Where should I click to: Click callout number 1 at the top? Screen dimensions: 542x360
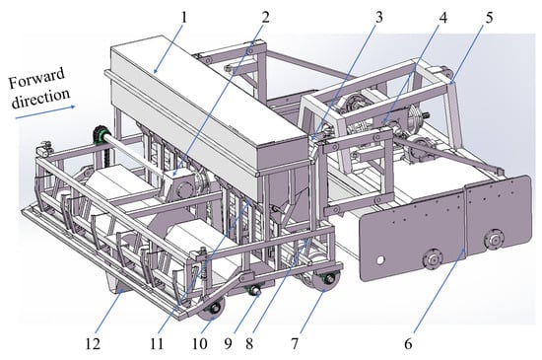[183, 17]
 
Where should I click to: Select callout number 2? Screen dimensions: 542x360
[265, 17]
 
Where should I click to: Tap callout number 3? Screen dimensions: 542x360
[379, 17]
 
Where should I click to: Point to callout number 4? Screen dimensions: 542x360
[442, 17]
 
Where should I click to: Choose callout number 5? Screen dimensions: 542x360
[489, 17]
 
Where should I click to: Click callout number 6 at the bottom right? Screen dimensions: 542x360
[408, 344]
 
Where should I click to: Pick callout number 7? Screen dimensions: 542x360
[295, 344]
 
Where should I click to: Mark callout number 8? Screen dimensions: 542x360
[249, 344]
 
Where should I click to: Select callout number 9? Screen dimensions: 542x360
[228, 344]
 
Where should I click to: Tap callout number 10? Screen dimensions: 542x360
[200, 344]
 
